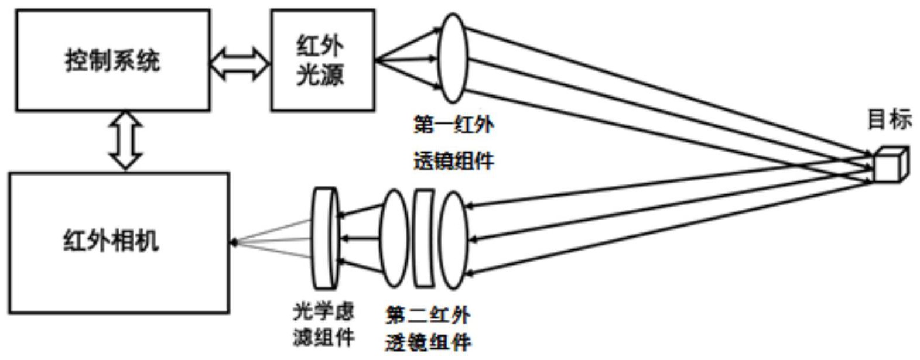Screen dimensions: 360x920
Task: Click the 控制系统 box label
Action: pyautogui.click(x=112, y=61)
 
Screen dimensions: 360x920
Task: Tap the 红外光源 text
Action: pyautogui.click(x=320, y=60)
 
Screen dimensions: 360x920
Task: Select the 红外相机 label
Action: pyautogui.click(x=111, y=241)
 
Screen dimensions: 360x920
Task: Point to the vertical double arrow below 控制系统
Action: pyautogui.click(x=126, y=141)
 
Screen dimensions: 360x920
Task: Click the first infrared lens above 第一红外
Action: pyautogui.click(x=454, y=58)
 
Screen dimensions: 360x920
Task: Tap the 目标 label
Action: pyautogui.click(x=889, y=120)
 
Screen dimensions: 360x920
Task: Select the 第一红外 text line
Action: pyautogui.click(x=454, y=126)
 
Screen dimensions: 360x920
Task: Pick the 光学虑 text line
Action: pyautogui.click(x=324, y=312)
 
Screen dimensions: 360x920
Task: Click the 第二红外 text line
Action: pyautogui.click(x=428, y=316)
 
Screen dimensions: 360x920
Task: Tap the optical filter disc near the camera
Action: pyautogui.click(x=326, y=238)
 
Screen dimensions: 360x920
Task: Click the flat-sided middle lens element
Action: pyautogui.click(x=424, y=238)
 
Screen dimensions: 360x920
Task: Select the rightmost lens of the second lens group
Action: pyautogui.click(x=454, y=239)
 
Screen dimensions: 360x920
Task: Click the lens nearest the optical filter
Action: pyautogui.click(x=394, y=238)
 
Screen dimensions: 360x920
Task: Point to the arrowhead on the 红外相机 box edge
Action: pyautogui.click(x=234, y=242)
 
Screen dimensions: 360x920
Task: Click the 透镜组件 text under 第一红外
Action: pyautogui.click(x=454, y=160)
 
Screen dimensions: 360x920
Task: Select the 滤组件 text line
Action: pyautogui.click(x=324, y=338)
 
